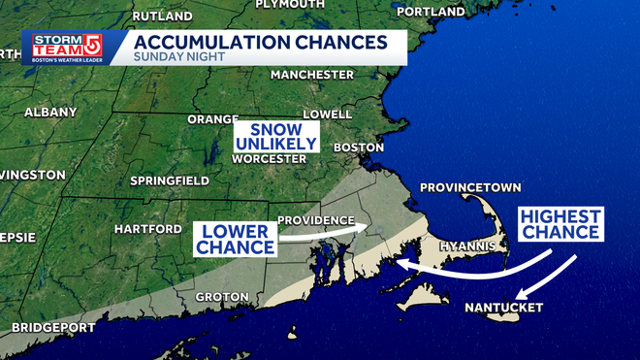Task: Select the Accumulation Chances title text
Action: click(256, 42)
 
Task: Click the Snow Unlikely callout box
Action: click(276, 137)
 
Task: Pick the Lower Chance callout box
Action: click(236, 239)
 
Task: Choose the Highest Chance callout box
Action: click(560, 224)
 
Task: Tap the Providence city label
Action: click(314, 220)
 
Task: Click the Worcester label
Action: click(264, 157)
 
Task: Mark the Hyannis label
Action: click(468, 246)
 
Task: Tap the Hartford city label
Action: click(147, 229)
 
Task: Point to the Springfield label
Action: click(170, 180)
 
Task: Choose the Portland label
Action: click(431, 12)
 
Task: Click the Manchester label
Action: click(312, 75)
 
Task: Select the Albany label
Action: click(49, 113)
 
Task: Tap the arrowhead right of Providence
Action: click(363, 228)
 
